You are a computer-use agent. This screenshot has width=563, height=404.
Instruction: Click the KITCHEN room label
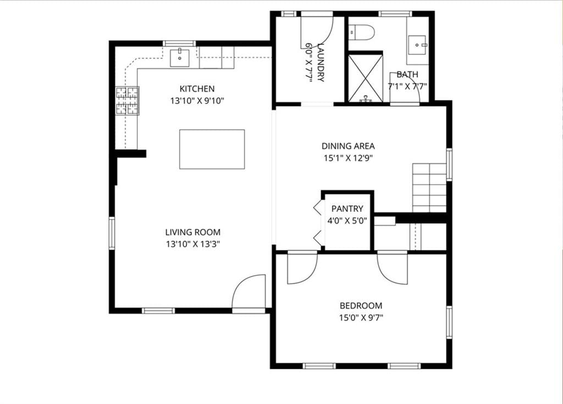pyautogui.click(x=197, y=88)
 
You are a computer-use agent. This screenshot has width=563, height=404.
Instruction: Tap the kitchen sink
pyautogui.click(x=180, y=58)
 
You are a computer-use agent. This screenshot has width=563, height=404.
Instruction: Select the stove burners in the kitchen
pyautogui.click(x=127, y=101)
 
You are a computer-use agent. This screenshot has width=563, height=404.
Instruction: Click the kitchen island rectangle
pyautogui.click(x=212, y=150)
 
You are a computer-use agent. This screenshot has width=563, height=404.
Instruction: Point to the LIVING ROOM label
pyautogui.click(x=193, y=232)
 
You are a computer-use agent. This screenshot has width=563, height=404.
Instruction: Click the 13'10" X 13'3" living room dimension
pyautogui.click(x=193, y=244)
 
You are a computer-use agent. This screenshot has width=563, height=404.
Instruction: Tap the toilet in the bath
pyautogui.click(x=362, y=32)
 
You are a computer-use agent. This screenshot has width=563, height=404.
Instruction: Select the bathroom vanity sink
pyautogui.click(x=418, y=45)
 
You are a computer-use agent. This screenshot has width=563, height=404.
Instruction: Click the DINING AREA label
pyautogui.click(x=348, y=146)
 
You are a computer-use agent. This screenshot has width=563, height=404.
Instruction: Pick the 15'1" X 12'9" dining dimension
pyautogui.click(x=348, y=158)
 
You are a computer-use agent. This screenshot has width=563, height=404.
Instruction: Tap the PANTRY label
pyautogui.click(x=347, y=208)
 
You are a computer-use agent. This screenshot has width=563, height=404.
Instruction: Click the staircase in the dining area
pyautogui.click(x=429, y=187)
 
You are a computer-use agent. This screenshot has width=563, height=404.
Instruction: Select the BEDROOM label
pyautogui.click(x=361, y=306)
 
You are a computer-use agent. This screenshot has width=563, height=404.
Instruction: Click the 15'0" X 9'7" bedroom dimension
pyautogui.click(x=361, y=318)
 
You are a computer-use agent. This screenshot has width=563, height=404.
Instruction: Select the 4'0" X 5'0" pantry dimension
pyautogui.click(x=347, y=220)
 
